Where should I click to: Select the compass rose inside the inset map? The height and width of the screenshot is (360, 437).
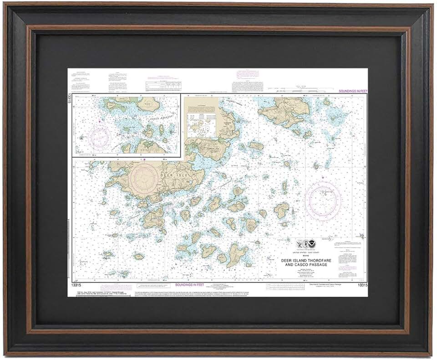(100, 136)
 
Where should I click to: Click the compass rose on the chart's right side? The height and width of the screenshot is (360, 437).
(324, 197)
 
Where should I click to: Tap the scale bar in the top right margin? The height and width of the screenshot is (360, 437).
(296, 87)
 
